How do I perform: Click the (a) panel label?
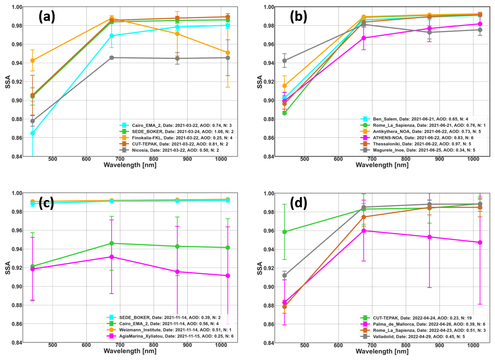[x=47, y=17]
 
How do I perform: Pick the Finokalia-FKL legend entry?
[x=176, y=138]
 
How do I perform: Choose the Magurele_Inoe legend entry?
[x=418, y=150]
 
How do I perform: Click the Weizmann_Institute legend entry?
[x=169, y=330]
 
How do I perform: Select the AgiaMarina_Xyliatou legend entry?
[x=170, y=336]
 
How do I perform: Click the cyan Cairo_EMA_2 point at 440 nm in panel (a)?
[x=33, y=133]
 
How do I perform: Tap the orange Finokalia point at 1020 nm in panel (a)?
[x=228, y=52]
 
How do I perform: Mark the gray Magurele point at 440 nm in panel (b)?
[x=285, y=61]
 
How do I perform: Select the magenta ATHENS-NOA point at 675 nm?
[x=364, y=38]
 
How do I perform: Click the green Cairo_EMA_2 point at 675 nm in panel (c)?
[x=112, y=243]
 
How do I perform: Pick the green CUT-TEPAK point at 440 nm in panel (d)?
[x=285, y=232]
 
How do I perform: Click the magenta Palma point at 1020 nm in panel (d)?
[x=480, y=243]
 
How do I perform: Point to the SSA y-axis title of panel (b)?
[x=260, y=82]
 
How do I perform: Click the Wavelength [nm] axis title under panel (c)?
[x=130, y=351]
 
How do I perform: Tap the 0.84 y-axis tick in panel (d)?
[x=269, y=343]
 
